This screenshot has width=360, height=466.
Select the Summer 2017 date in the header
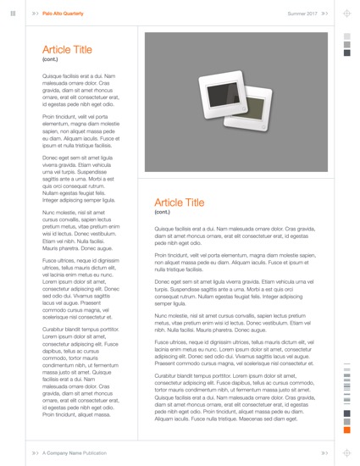tap(302, 14)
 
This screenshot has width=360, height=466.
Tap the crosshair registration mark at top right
tap(346, 14)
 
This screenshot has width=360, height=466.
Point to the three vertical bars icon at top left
tap(14, 14)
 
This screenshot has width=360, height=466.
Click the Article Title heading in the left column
tap(67, 50)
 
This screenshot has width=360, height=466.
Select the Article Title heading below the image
tap(180, 202)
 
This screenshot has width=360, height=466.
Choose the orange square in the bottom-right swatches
tap(346, 432)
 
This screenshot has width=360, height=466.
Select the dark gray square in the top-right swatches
tap(346, 53)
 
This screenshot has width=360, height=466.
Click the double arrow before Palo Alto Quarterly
tap(35, 14)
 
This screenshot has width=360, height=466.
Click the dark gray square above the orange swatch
tap(346, 422)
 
